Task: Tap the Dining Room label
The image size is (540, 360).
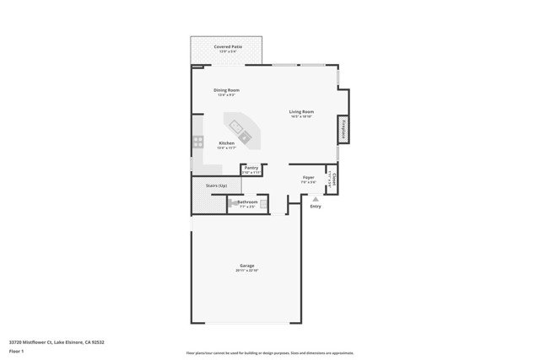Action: coord(226,90)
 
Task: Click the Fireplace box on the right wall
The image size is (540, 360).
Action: coord(343,130)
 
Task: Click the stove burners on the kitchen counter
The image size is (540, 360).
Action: coord(197,142)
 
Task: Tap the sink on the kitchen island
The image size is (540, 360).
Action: coord(244,136)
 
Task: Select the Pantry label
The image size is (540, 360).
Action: coord(251,168)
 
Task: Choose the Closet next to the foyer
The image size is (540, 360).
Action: coord(333,179)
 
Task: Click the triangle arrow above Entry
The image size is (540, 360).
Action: coord(316,199)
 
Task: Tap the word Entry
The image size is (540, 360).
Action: coord(316,207)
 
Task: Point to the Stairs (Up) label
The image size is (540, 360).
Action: coord(216,185)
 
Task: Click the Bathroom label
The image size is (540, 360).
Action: coord(247,202)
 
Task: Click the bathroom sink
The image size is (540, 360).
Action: coord(263,203)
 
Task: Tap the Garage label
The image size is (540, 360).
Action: coord(246,266)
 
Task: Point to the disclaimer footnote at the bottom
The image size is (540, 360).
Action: coord(269,353)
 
